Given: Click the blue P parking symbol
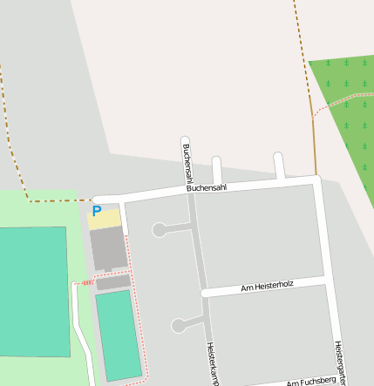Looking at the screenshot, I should (97, 211).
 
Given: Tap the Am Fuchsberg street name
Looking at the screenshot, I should (311, 382).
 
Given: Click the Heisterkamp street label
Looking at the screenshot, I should (211, 362).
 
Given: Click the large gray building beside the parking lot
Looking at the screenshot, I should (109, 248).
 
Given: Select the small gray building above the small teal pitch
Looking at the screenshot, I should (112, 282).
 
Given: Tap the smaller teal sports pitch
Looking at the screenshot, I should (117, 335).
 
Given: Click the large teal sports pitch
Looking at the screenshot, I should (33, 292).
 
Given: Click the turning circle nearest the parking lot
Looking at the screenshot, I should (160, 230).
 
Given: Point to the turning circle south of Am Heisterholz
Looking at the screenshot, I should (179, 326).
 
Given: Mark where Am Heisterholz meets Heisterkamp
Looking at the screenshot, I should (205, 293).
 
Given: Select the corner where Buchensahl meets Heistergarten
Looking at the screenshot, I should (317, 180).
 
